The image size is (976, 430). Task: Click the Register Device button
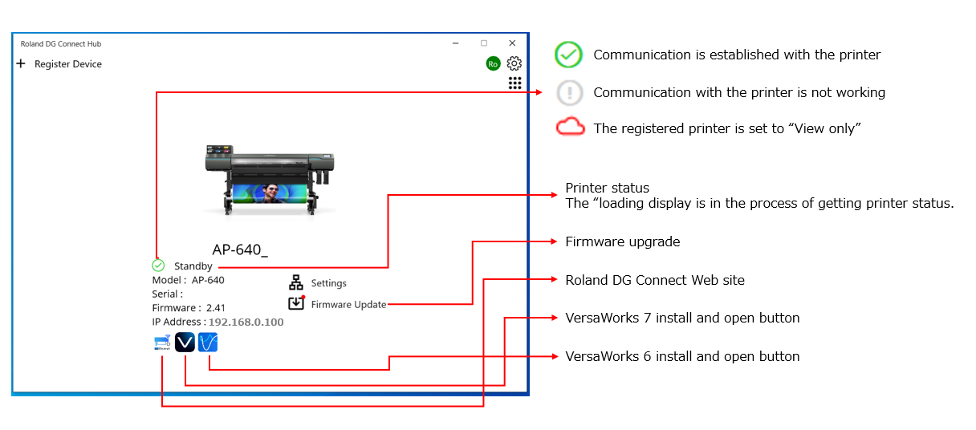[59, 64]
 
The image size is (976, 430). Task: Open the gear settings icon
[514, 63]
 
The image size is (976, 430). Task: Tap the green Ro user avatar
[493, 63]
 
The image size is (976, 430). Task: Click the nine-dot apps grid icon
[514, 83]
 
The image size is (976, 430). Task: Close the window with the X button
[512, 43]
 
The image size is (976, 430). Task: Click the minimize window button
[455, 43]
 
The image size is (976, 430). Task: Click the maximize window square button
[484, 43]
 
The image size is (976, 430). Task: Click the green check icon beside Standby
[158, 266]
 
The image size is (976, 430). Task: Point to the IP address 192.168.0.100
[246, 322]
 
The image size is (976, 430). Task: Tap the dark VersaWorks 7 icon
[185, 343]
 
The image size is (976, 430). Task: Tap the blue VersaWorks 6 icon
[208, 343]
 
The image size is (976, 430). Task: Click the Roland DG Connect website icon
[162, 343]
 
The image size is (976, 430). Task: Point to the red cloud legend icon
[570, 128]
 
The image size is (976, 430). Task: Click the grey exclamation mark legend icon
[570, 92]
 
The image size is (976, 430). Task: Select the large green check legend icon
[568, 55]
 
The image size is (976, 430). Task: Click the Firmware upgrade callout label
[622, 241]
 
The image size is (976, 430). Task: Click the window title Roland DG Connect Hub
[61, 44]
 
